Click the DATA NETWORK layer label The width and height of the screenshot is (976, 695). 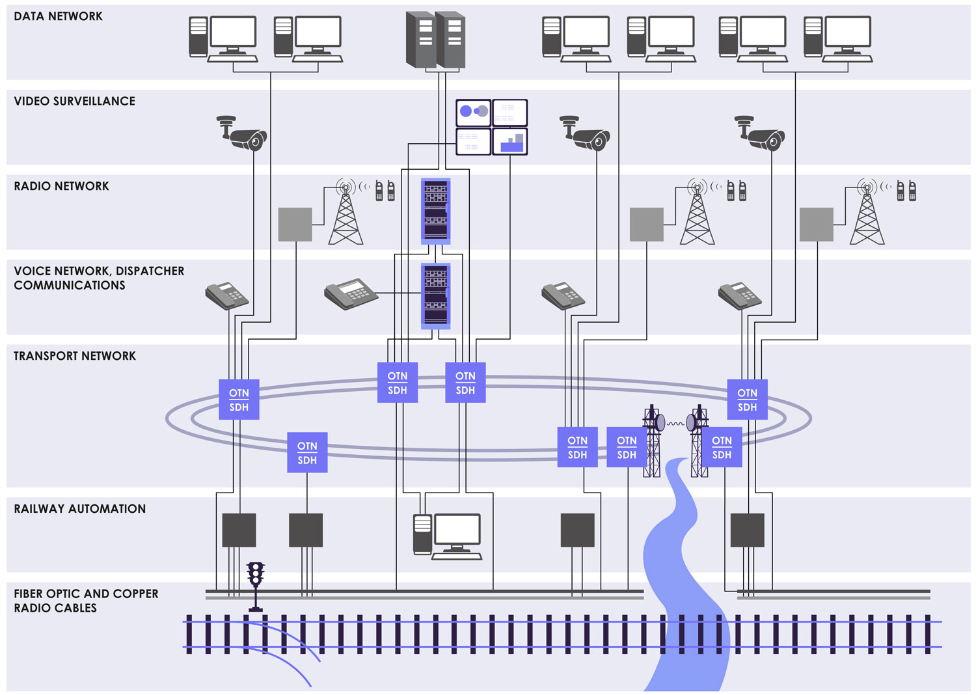58,16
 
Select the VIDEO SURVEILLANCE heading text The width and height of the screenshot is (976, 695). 74,102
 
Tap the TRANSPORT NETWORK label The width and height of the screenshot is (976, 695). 75,356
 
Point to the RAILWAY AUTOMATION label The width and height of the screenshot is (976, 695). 79,509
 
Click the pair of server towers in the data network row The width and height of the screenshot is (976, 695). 435,40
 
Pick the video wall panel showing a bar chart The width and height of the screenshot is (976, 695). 509,141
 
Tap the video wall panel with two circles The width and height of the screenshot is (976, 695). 473,112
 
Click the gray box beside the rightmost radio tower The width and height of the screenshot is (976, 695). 816,225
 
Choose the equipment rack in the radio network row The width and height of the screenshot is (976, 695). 435,211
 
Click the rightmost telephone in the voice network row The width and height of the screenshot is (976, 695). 740,296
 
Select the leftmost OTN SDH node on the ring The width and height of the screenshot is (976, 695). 239,400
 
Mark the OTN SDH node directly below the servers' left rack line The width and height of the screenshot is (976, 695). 398,383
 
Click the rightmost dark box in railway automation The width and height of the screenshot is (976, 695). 747,530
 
